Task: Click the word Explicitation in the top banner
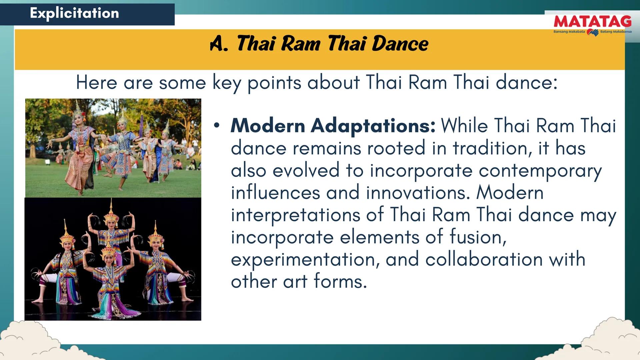click(x=74, y=13)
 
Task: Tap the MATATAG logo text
click(x=592, y=22)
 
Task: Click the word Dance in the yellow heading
click(x=400, y=44)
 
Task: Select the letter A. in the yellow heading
click(x=219, y=44)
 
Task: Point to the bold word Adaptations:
click(x=373, y=126)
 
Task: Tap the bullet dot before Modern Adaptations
click(x=217, y=126)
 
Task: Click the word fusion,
click(x=478, y=237)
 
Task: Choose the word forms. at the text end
click(x=340, y=282)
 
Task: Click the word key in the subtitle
click(x=227, y=83)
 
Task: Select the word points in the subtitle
click(x=274, y=83)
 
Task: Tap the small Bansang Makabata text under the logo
click(x=569, y=32)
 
